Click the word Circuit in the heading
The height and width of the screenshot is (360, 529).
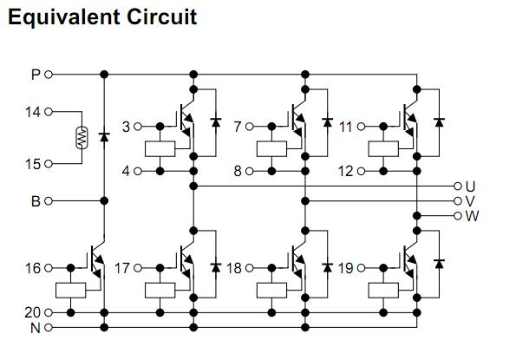coord(162,16)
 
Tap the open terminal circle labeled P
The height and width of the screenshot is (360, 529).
coord(49,75)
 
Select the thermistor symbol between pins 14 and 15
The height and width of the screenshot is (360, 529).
coord(82,137)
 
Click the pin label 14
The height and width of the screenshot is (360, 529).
coord(33,112)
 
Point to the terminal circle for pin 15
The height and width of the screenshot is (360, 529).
coord(49,164)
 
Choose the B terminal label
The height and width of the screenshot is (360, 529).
coord(36,201)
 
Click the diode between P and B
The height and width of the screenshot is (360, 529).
coord(104,137)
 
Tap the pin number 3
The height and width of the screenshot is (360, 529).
coord(126,127)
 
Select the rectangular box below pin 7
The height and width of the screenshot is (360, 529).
coord(271,149)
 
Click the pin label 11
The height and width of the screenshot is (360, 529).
coord(345,127)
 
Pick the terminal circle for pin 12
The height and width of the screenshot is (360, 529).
coord(361,172)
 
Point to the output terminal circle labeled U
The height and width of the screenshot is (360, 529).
coord(458,186)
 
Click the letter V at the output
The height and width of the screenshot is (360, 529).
coord(470,201)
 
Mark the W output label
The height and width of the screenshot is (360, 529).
coord(472,216)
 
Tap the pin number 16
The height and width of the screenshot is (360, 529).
coord(33,268)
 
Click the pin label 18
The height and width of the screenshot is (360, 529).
coord(234,268)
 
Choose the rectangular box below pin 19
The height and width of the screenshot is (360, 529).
coord(383,291)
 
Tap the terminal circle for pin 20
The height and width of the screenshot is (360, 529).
coord(49,313)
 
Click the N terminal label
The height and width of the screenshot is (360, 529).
coord(36,328)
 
